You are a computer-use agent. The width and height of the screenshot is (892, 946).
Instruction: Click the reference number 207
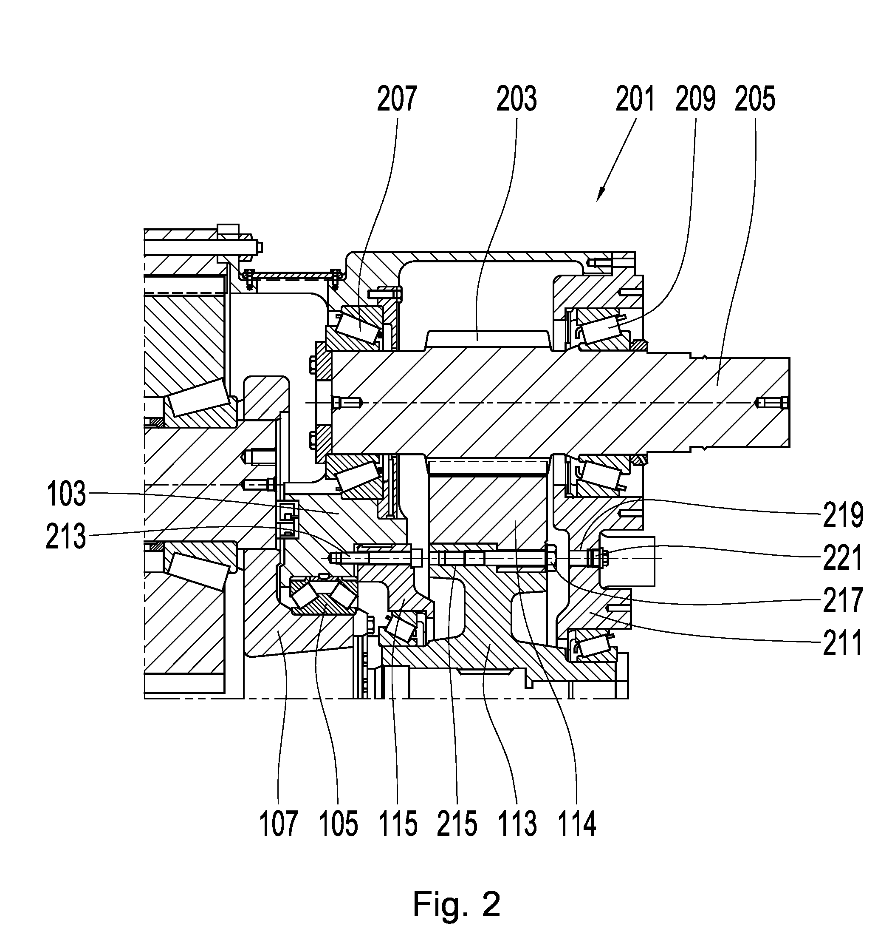397,99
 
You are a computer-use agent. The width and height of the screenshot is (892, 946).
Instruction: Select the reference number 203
517,99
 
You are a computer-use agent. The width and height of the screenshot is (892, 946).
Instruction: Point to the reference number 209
695,99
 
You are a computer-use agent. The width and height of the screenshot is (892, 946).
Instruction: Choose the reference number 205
754,99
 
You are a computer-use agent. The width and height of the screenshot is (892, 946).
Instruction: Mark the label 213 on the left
66,536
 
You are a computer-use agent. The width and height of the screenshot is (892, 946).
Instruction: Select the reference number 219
843,514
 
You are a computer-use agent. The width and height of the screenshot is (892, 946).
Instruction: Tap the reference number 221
843,557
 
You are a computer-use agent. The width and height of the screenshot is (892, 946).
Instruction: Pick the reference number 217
843,600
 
